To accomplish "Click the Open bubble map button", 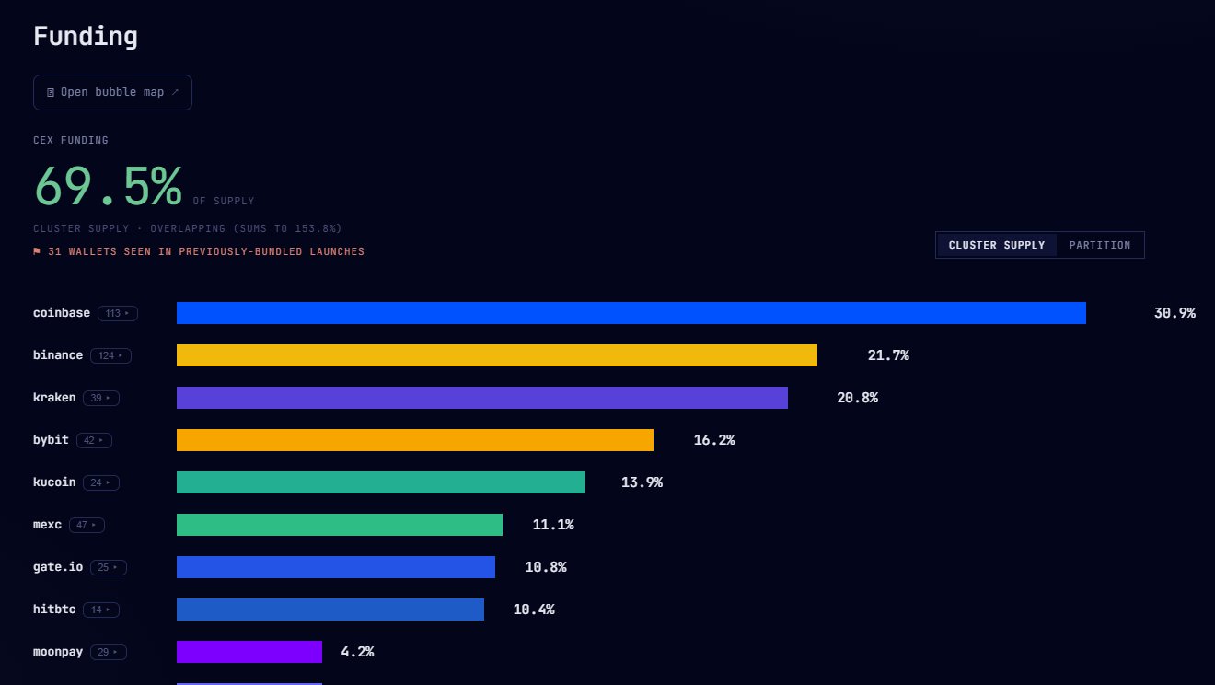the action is click(112, 92).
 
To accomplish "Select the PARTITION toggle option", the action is click(1100, 245).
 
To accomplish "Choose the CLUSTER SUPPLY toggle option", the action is click(997, 245).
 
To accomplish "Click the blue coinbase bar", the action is click(631, 313).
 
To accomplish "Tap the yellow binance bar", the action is click(497, 355).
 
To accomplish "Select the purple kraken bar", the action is click(482, 398).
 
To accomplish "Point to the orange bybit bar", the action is click(415, 440).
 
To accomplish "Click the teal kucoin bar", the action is click(381, 482).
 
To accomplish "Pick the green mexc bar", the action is click(340, 525).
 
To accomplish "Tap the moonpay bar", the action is click(249, 651).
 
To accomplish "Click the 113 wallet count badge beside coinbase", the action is click(118, 313).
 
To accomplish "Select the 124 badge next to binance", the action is click(110, 355).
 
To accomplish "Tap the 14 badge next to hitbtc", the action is click(101, 610).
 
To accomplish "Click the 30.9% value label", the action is click(1174, 313).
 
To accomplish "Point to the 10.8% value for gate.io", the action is click(546, 567).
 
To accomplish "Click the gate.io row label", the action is click(58, 567).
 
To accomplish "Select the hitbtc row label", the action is click(54, 610).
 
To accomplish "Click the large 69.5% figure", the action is click(108, 186).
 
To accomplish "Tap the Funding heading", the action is click(86, 37).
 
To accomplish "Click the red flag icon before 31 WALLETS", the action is click(37, 251).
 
